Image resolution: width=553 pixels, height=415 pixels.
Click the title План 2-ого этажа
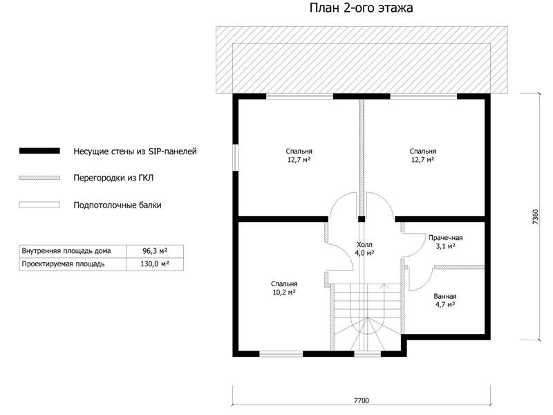(361, 8)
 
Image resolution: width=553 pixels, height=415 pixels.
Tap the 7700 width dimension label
(362, 400)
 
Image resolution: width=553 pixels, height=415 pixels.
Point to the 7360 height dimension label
(535, 217)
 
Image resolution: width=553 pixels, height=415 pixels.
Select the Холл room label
(364, 245)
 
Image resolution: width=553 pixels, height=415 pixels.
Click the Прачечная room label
(445, 238)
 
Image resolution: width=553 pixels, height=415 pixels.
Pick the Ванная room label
(445, 297)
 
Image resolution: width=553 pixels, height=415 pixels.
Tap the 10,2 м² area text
(284, 292)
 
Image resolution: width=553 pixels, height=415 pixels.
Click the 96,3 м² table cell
(155, 251)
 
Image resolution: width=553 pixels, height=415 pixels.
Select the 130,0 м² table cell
(155, 264)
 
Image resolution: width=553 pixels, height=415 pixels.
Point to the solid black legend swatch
(39, 151)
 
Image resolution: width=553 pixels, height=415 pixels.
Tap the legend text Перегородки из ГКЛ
(113, 178)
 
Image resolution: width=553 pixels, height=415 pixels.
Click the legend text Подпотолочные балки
(118, 205)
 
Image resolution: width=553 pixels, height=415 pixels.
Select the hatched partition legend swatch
(39, 178)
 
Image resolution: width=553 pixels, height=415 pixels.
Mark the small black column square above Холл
(362, 219)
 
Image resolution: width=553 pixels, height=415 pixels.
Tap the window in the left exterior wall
(236, 158)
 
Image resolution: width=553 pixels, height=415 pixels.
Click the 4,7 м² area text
(445, 304)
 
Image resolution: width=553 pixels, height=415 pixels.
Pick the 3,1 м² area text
(445, 246)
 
